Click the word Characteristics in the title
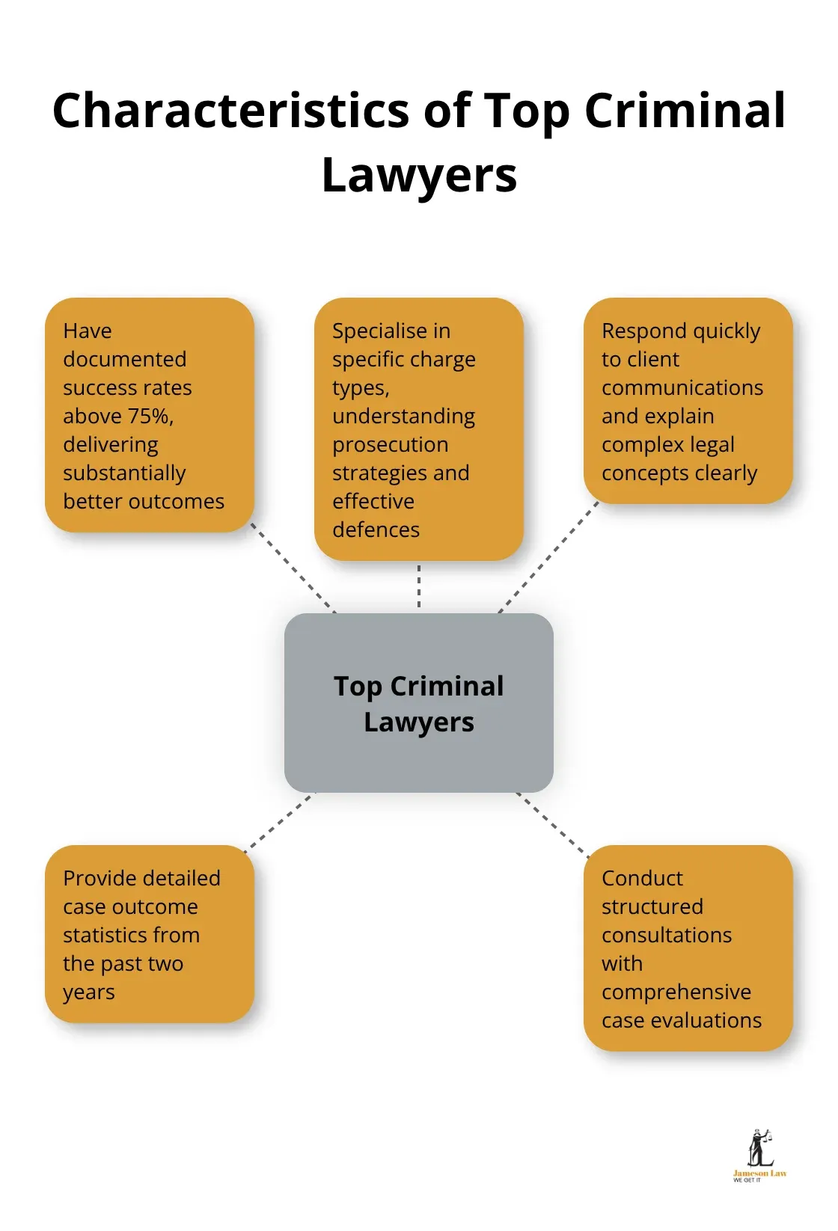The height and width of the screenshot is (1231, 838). point(230,111)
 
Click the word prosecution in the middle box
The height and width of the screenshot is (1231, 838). point(390,444)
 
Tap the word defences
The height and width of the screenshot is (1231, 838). point(376,529)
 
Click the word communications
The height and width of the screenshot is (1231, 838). point(682,387)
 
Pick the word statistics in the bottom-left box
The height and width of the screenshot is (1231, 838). point(131,935)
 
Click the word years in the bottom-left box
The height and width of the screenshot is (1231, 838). point(88,992)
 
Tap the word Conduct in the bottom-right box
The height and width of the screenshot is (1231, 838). point(642,878)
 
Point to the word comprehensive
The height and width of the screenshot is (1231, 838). point(676,992)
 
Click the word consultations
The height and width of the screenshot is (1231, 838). point(666,935)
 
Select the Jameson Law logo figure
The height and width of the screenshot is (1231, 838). point(759,1149)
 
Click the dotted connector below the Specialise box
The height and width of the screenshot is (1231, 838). point(419,586)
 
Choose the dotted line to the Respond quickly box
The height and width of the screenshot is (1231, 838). point(548,556)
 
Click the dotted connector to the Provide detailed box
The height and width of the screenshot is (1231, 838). point(278,822)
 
